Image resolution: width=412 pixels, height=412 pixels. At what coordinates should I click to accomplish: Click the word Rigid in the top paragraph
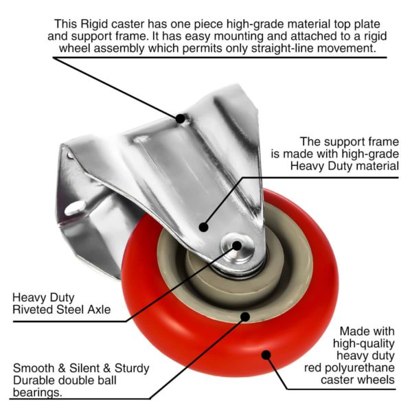pyautogui.click(x=94, y=24)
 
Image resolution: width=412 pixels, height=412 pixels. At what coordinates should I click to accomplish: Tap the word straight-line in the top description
pyautogui.click(x=284, y=48)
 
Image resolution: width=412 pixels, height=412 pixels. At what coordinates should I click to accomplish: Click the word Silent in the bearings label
pyautogui.click(x=86, y=368)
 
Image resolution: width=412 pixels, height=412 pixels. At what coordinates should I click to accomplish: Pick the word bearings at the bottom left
pyautogui.click(x=38, y=393)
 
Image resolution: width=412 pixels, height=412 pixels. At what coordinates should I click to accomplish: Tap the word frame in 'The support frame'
pyautogui.click(x=384, y=142)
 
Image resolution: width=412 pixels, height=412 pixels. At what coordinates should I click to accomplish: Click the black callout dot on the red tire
pyautogui.click(x=266, y=355)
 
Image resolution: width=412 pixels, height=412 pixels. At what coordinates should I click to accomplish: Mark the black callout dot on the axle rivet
pyautogui.click(x=237, y=246)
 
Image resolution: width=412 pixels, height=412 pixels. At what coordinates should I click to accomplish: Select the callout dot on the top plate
pyautogui.click(x=180, y=119)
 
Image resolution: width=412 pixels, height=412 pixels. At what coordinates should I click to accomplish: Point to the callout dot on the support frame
pyautogui.click(x=204, y=227)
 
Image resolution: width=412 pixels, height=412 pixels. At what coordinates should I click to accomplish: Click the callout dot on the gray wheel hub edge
pyautogui.click(x=245, y=317)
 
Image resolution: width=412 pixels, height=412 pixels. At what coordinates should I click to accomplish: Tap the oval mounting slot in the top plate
pyautogui.click(x=75, y=208)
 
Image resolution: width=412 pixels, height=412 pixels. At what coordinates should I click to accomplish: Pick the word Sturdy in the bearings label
pyautogui.click(x=132, y=368)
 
